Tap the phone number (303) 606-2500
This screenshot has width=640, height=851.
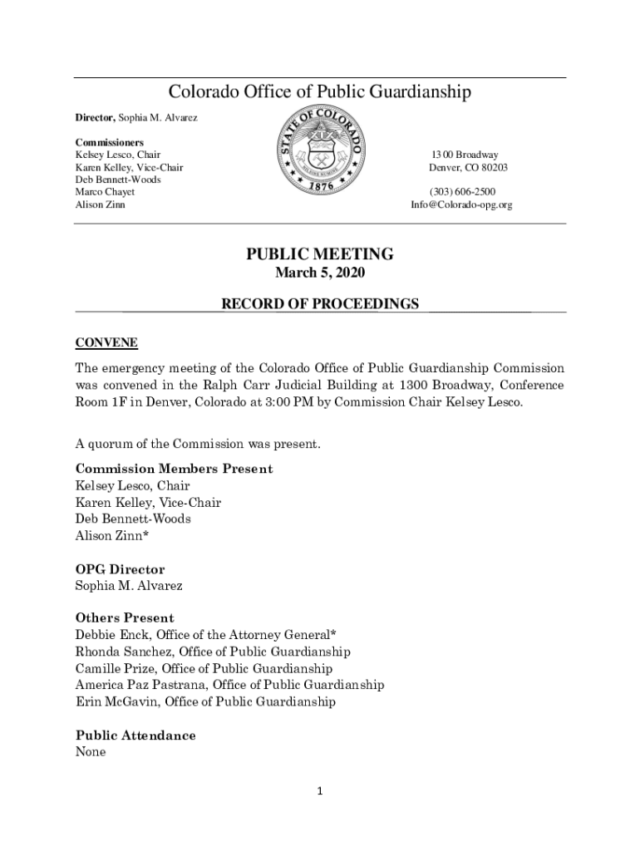pos(462,192)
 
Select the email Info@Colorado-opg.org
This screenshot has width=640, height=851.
pos(461,204)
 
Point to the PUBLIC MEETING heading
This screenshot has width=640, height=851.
pos(320,254)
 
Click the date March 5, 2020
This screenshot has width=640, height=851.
pos(320,273)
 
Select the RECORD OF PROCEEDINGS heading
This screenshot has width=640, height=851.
pos(320,304)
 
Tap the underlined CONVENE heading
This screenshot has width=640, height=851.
pos(106,342)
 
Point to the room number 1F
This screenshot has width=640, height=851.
pos(120,402)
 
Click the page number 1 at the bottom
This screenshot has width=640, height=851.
pos(320,791)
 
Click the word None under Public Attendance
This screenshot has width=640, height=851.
pos(91,752)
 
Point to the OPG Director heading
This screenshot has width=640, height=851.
pos(120,569)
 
